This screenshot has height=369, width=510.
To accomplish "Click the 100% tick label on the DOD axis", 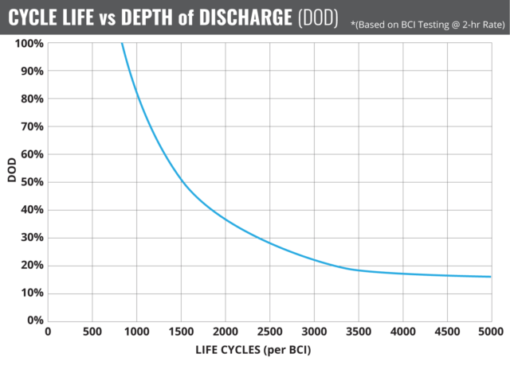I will [x=29, y=43].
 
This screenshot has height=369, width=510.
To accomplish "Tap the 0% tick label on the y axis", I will [x=34, y=320].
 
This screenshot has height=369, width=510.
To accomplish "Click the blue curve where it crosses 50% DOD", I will [x=181, y=182].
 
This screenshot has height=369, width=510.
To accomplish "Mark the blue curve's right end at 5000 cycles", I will [x=490, y=277].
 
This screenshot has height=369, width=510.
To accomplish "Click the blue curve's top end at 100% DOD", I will [x=122, y=44].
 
